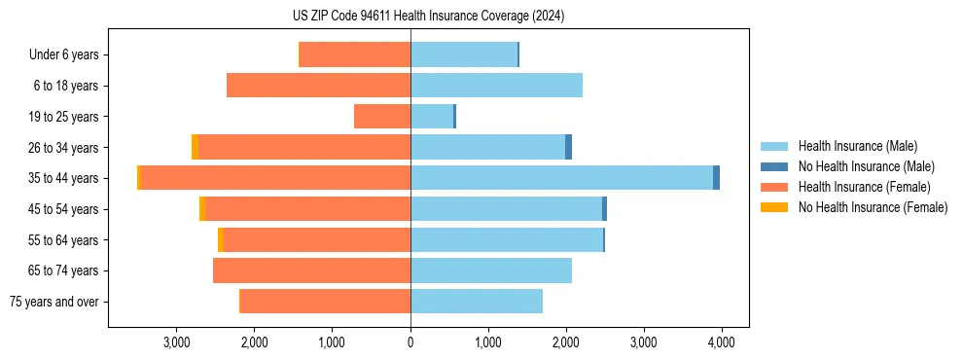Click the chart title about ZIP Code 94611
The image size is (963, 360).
coord(428,16)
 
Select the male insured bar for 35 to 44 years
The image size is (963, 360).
coord(561,178)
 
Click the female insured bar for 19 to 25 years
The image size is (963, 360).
coord(382,117)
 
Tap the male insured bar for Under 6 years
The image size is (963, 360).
coord(463,54)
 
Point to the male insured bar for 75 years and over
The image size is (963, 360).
coord(477,302)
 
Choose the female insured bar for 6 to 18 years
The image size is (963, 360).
coord(318,86)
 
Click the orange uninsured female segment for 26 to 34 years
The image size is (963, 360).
coord(195,147)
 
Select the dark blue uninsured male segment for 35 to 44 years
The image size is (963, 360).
coord(716,178)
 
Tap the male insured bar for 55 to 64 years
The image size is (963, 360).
coord(506,239)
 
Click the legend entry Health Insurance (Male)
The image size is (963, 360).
coord(855,147)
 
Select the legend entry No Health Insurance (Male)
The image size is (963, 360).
coord(862,167)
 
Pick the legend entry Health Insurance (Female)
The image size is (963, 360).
coord(860,187)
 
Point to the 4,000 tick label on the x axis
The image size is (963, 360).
coord(721,342)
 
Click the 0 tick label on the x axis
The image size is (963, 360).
coord(410,342)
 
